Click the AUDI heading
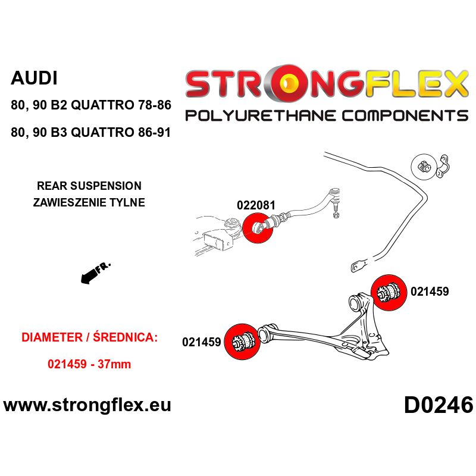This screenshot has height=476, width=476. click(35, 79)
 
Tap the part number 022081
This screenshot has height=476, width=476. click(256, 205)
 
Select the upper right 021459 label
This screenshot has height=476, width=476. click(429, 292)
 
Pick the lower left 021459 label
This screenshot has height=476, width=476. click(202, 342)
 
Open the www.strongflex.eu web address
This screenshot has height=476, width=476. click(87, 405)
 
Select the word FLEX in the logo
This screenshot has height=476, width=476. click(410, 84)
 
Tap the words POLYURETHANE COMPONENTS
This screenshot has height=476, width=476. click(326, 115)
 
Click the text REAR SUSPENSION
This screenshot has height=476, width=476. click(89, 186)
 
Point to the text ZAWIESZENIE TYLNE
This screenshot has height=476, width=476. click(89, 202)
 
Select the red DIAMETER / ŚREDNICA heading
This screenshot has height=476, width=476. click(89, 337)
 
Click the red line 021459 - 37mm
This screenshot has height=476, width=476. click(89, 364)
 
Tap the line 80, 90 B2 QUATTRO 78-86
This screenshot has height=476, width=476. click(90, 106)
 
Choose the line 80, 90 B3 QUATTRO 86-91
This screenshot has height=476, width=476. click(90, 133)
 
